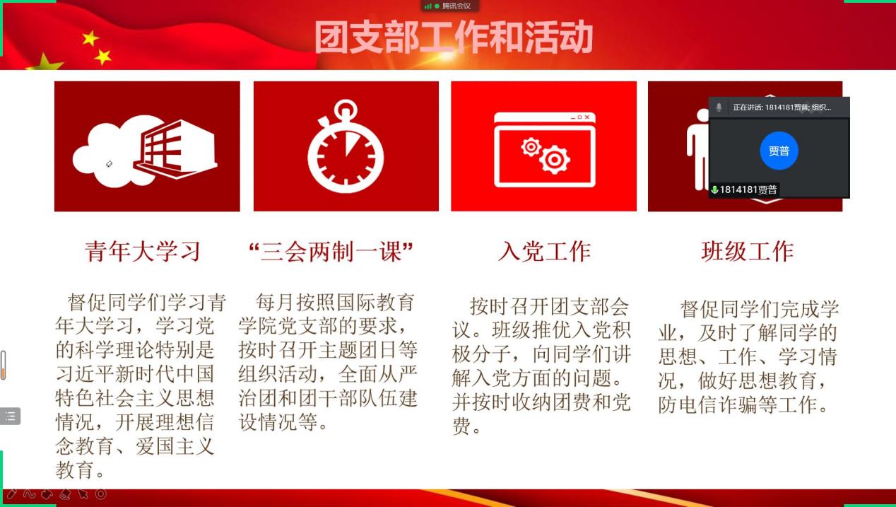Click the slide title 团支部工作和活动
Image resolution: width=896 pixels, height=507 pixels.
pyautogui.click(x=453, y=37)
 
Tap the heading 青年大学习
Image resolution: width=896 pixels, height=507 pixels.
pyautogui.click(x=143, y=251)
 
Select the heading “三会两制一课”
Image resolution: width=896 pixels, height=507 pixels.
pyautogui.click(x=331, y=251)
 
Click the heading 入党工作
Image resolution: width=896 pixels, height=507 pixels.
pyautogui.click(x=544, y=251)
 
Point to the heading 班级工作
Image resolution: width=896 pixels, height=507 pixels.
pyautogui.click(x=747, y=251)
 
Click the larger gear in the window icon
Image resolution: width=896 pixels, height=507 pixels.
pyautogui.click(x=555, y=160)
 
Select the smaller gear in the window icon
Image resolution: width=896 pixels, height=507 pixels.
pyautogui.click(x=531, y=147)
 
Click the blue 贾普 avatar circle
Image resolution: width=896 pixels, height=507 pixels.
pyautogui.click(x=779, y=151)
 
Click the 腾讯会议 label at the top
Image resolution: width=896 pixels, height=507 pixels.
pyautogui.click(x=456, y=6)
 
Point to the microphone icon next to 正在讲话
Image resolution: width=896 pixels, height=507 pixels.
pyautogui.click(x=719, y=107)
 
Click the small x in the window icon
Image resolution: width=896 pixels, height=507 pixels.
pyautogui.click(x=586, y=117)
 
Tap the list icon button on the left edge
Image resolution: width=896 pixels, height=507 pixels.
pyautogui.click(x=10, y=416)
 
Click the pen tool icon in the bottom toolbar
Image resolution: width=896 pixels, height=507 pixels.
pyautogui.click(x=11, y=494)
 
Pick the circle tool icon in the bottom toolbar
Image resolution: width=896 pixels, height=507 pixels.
pyautogui.click(x=101, y=494)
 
